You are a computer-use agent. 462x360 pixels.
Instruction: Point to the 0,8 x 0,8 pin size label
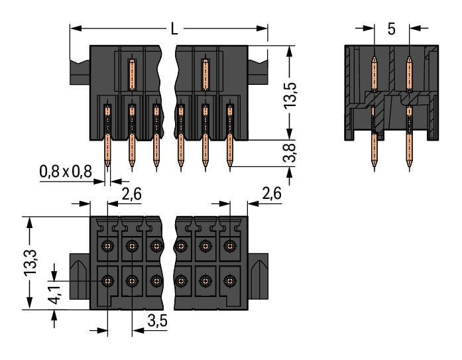pyautogui.click(x=65, y=172)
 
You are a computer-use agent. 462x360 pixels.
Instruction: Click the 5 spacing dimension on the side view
pyautogui.click(x=391, y=29)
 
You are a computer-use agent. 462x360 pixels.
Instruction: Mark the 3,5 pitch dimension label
pyautogui.click(x=156, y=322)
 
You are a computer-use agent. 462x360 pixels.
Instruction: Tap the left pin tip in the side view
pyautogui.click(x=375, y=170)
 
